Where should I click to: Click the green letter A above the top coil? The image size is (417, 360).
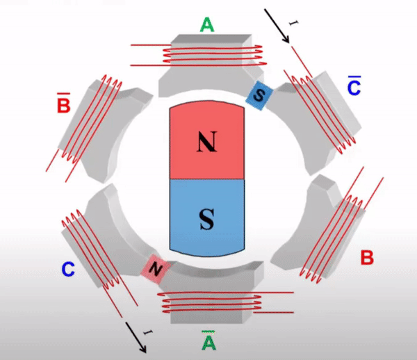207,25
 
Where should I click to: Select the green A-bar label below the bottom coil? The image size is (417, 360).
208,340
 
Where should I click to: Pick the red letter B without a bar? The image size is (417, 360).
367,257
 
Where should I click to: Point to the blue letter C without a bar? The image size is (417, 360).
68,269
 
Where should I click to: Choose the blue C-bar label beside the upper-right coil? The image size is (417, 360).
354,85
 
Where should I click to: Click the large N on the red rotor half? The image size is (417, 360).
207,142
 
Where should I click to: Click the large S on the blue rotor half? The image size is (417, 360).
207,219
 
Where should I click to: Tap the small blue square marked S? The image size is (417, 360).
259,95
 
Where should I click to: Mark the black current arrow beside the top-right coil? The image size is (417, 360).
277,26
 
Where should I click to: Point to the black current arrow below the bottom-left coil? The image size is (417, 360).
136,337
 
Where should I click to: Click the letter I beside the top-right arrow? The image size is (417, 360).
293,24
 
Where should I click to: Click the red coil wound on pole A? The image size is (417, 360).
198,56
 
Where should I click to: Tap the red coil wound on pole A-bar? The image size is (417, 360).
226,302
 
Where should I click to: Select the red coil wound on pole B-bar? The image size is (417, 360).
85,128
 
